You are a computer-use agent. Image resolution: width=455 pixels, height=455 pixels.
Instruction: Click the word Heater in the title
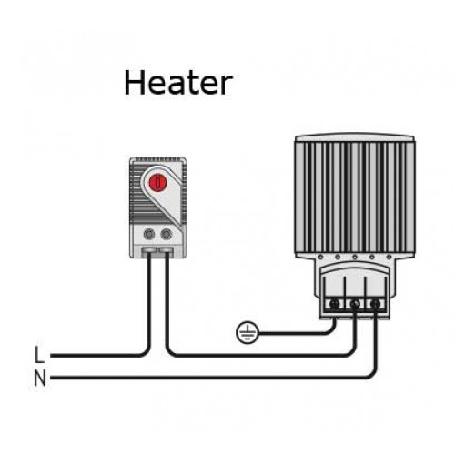coord(178,83)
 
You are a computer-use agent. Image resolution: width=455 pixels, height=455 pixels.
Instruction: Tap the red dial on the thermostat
coord(157,182)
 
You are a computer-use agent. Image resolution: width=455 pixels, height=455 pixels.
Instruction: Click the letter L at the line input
coord(39,354)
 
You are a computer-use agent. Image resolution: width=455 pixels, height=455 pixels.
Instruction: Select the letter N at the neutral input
coord(40,378)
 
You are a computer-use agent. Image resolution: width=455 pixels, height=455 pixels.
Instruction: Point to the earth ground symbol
coord(247,332)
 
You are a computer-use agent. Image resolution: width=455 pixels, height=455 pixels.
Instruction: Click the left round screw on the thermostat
coord(149,234)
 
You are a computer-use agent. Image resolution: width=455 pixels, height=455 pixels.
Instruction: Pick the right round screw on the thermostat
coord(167,234)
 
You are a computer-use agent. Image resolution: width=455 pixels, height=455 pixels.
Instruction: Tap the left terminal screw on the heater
coord(334,304)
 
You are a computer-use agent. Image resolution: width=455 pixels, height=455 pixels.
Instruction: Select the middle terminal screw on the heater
coord(355,304)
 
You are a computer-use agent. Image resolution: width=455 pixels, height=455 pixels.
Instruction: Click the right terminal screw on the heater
coord(376,304)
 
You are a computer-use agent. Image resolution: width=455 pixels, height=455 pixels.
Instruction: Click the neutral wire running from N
coord(212,378)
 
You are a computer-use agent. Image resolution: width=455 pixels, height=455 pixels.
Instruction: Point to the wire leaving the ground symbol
coord(298,333)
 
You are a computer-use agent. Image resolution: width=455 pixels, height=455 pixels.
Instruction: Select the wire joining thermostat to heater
coord(261,355)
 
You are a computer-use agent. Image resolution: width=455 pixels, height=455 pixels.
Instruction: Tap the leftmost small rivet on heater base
coord(320,258)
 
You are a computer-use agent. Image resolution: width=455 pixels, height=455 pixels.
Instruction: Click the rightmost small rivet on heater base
coord(389,258)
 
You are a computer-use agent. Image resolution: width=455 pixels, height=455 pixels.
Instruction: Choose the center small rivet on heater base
coord(355,258)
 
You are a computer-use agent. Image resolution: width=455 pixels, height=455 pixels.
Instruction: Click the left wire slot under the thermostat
coord(149,250)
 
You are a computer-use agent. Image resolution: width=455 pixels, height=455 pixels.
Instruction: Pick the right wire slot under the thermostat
coord(167,250)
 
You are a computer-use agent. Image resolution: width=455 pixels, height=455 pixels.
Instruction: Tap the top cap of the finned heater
coord(355,138)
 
